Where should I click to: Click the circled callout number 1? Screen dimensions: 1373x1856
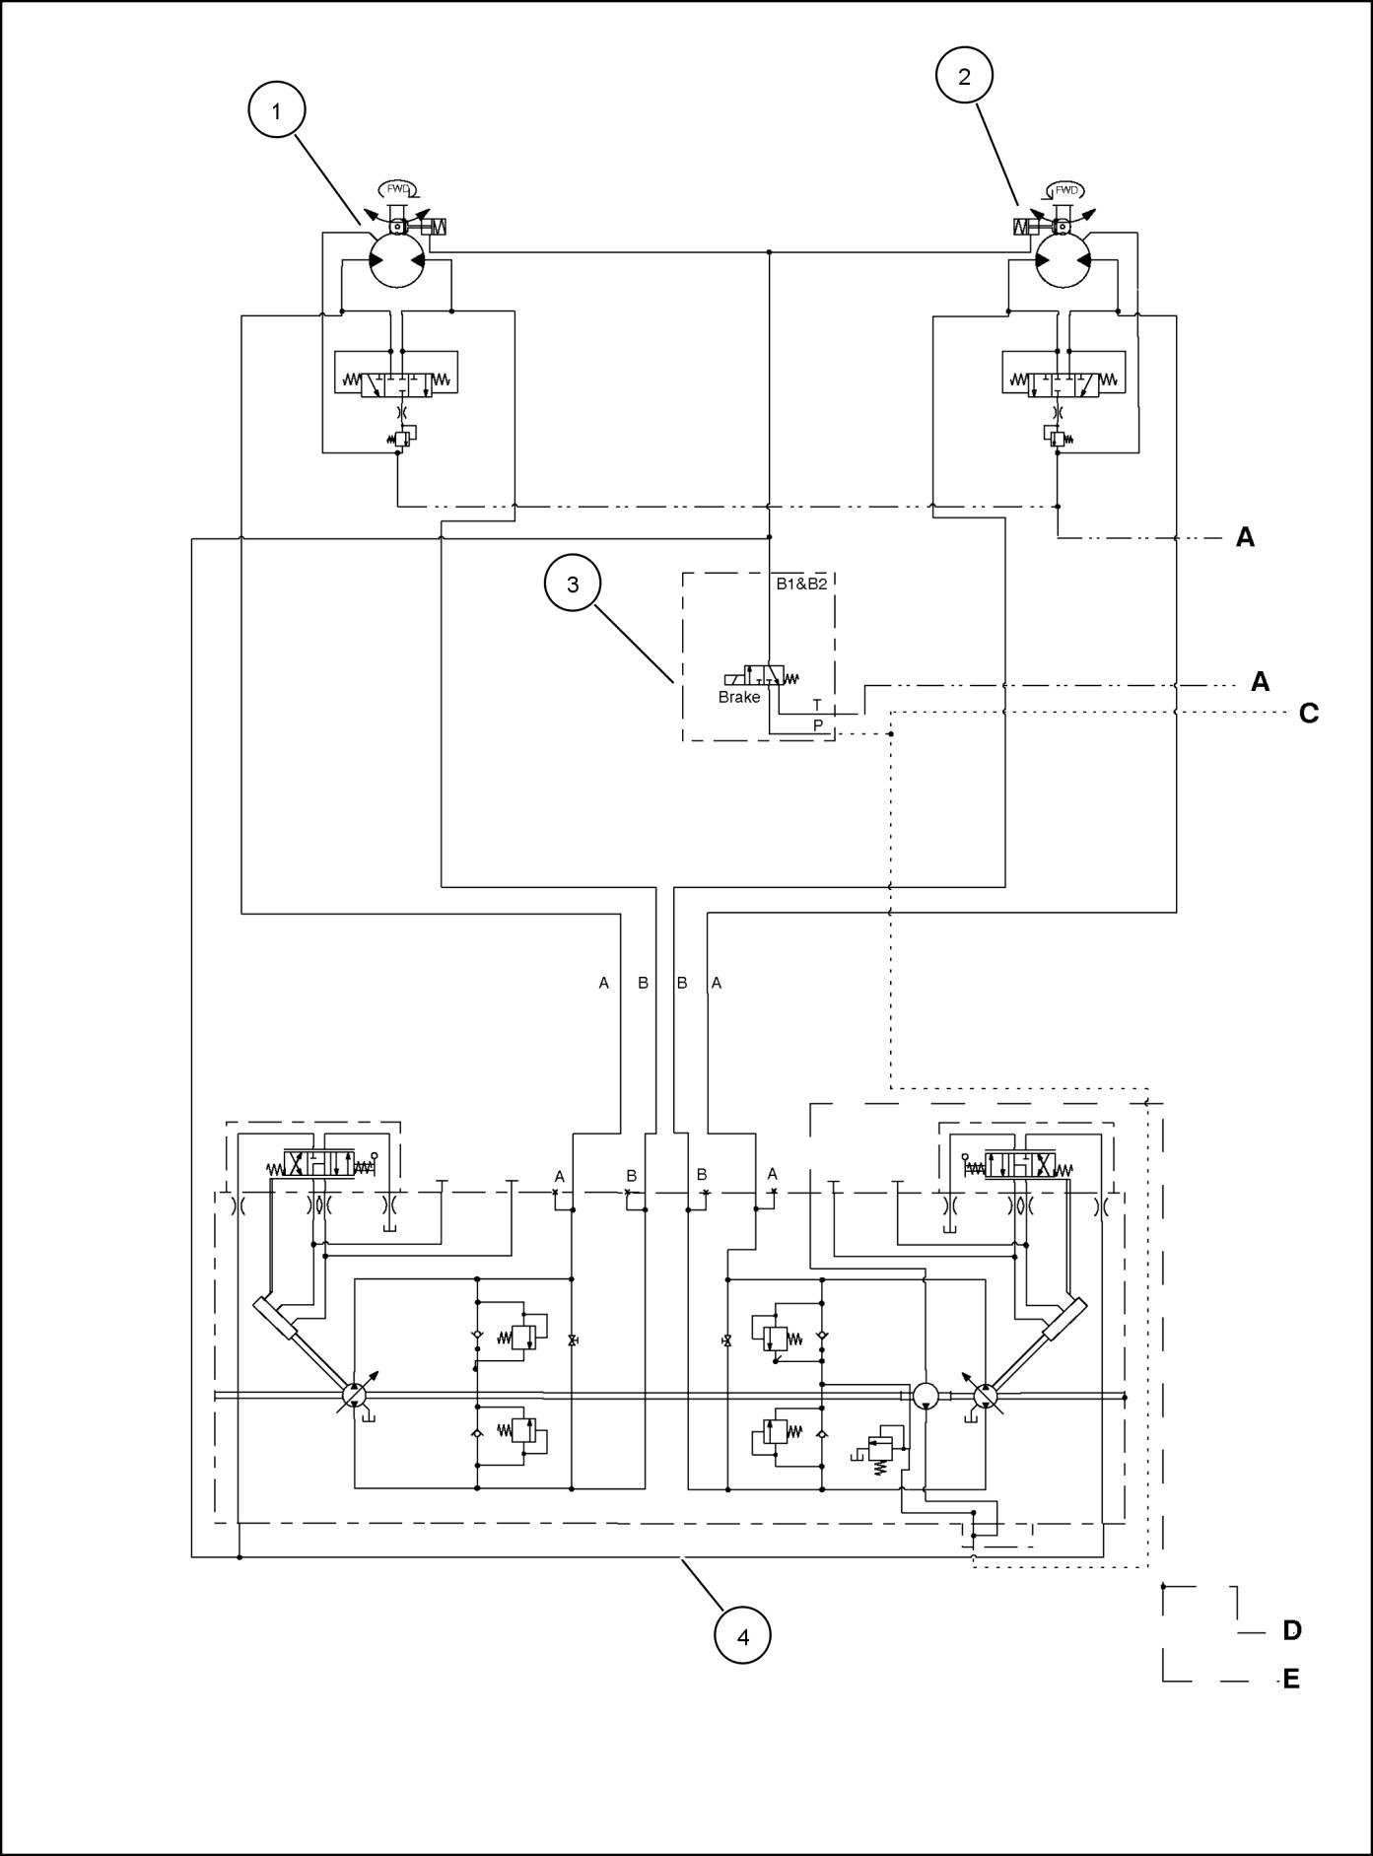coord(276,111)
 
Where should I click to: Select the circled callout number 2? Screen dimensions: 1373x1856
coord(964,76)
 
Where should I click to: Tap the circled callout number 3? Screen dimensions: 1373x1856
coord(573,584)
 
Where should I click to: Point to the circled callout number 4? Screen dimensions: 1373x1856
coord(742,1637)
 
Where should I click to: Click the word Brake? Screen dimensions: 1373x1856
coord(739,698)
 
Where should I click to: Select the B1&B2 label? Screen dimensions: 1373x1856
coord(801,584)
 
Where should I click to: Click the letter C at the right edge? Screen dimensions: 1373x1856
coord(1309,713)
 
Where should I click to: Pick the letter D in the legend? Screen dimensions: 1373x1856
coord(1292,1630)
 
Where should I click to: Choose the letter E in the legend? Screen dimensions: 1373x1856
coord(1291,1679)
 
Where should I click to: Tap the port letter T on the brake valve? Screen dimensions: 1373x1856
coord(816,706)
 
